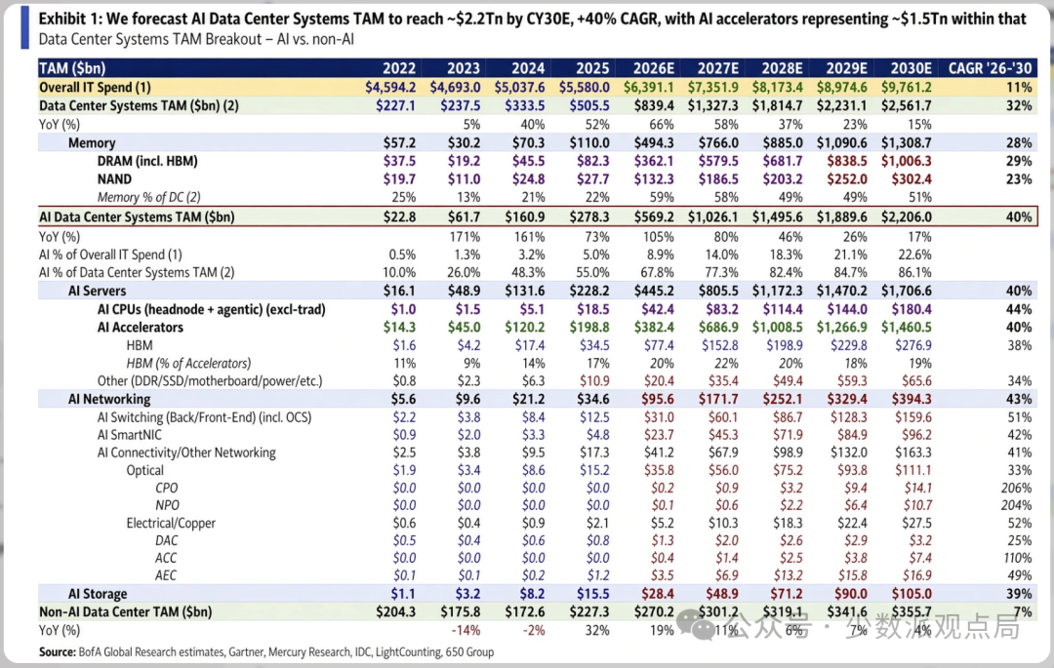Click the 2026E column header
pyautogui.click(x=653, y=68)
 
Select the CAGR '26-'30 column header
pyautogui.click(x=990, y=68)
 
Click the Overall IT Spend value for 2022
pyautogui.click(x=390, y=87)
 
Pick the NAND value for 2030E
pyautogui.click(x=912, y=179)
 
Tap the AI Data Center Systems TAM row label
pyautogui.click(x=137, y=216)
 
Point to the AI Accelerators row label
pyautogui.click(x=140, y=327)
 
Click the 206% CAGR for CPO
pyautogui.click(x=1016, y=488)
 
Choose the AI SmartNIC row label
pyautogui.click(x=129, y=435)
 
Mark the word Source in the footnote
pyautogui.click(x=57, y=651)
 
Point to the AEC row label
pyautogui.click(x=166, y=575)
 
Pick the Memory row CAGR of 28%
pyautogui.click(x=1018, y=143)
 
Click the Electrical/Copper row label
pyautogui.click(x=171, y=523)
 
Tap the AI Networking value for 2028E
pyautogui.click(x=783, y=399)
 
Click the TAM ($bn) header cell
pyautogui.click(x=72, y=68)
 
